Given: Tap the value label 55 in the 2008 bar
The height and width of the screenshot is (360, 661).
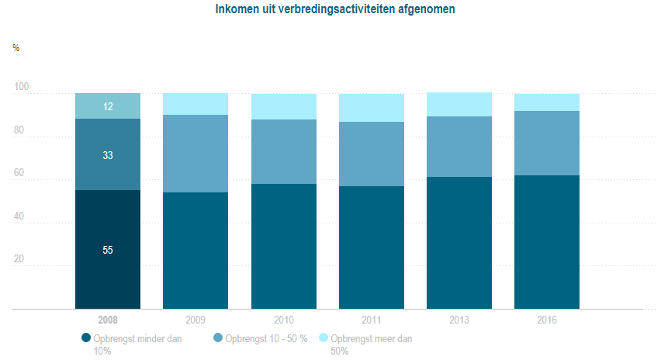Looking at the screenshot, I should click(108, 250).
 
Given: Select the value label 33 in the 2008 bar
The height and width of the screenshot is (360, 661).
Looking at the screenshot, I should click(108, 155).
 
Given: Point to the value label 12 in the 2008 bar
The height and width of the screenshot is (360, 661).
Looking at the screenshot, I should click(108, 106).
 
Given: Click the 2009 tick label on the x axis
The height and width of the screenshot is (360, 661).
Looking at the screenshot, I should click(196, 320).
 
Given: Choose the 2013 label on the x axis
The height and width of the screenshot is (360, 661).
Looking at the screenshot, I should click(459, 320).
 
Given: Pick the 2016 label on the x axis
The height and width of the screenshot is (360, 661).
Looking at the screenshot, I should click(546, 320).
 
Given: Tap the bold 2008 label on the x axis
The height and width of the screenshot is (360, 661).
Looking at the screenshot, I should click(108, 320).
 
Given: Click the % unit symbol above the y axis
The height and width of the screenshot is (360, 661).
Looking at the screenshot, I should click(16, 48).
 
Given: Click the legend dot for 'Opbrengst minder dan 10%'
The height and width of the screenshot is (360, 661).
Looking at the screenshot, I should click(85, 338).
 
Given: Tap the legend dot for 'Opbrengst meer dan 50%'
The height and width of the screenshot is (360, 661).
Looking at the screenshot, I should click(324, 338).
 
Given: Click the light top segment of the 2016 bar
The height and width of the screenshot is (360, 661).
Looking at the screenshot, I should click(546, 102).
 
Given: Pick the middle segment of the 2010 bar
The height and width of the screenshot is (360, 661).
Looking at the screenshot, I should click(283, 151).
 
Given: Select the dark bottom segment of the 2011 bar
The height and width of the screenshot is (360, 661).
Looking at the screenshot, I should click(371, 247).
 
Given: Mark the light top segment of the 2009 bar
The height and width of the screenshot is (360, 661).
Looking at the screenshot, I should click(196, 104).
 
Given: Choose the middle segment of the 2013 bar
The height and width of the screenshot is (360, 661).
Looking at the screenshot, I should click(459, 147).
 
